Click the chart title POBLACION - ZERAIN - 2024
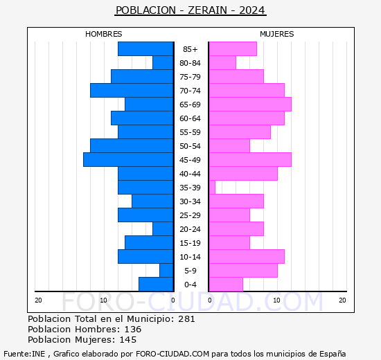[190, 10]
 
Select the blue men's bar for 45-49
[128, 160]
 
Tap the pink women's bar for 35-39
[212, 188]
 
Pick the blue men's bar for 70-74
[132, 91]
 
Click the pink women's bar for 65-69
[249, 105]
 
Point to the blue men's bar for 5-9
[166, 271]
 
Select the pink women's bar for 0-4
[226, 285]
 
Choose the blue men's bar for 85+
[145, 49]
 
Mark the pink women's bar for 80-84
[222, 63]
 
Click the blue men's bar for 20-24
[163, 229]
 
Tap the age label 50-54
[190, 146]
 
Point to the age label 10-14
[190, 257]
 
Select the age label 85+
[190, 49]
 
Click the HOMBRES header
[104, 34]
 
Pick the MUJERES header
[277, 34]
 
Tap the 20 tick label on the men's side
[39, 300]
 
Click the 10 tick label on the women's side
[276, 300]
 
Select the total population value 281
[186, 319]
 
